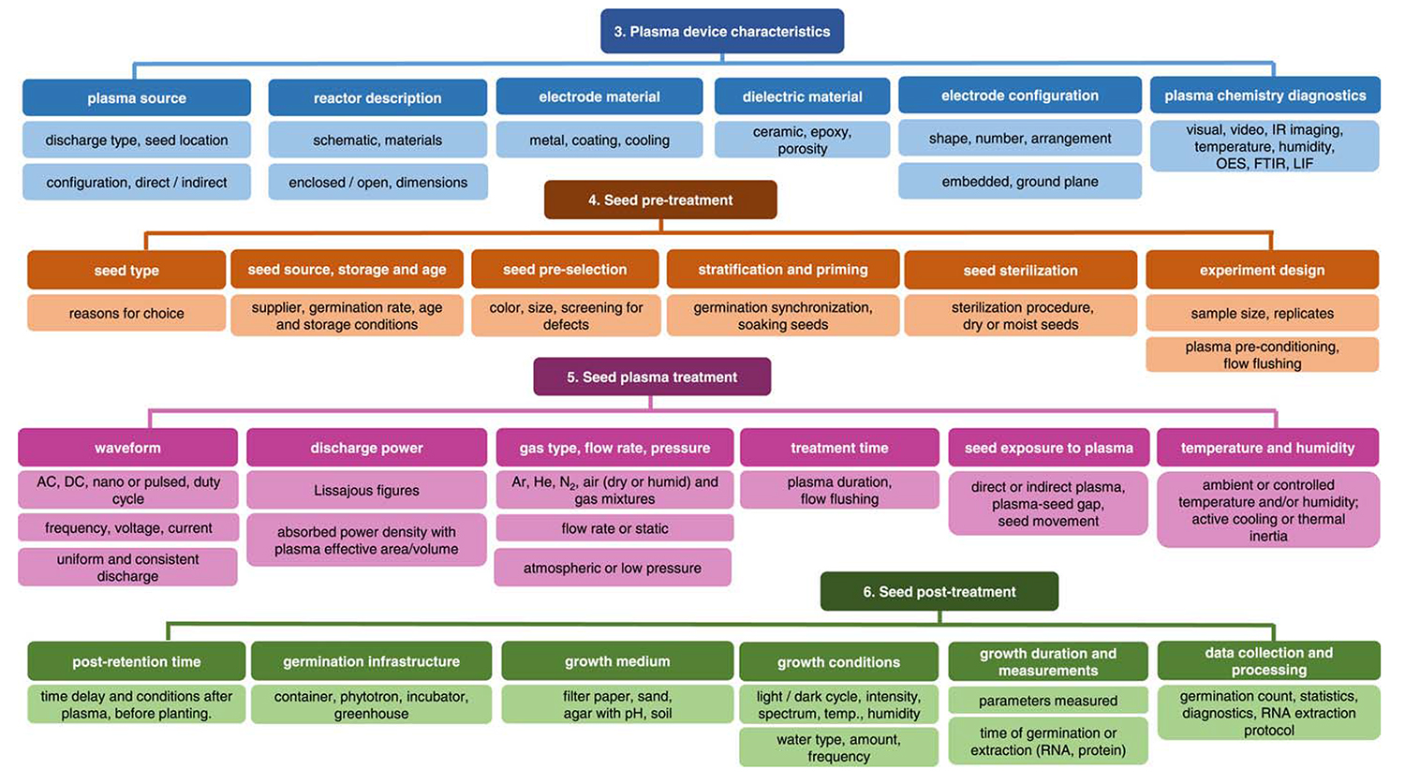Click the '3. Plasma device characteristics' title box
point(721,31)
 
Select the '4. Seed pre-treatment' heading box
point(660,200)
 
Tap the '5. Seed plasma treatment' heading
point(652,377)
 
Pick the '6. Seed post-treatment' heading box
point(939,591)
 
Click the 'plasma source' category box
point(137,97)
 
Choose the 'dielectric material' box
point(802,96)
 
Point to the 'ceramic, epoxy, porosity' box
point(802,140)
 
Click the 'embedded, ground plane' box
point(1019,181)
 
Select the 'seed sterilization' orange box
point(1020,270)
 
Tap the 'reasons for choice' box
point(126,313)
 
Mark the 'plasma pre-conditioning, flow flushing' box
point(1262,355)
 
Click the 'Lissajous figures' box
point(366,490)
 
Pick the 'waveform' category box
point(127,448)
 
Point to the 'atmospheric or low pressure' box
point(613,568)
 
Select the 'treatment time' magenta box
point(839,448)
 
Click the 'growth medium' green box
point(617,661)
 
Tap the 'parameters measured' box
point(1047,701)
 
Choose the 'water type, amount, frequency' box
point(838,747)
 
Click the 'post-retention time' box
point(137,661)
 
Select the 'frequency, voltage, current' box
point(128,527)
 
